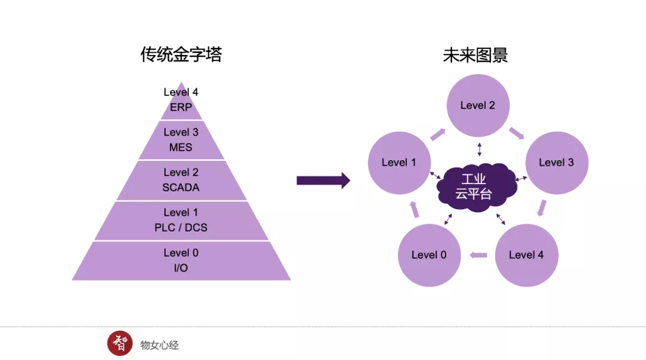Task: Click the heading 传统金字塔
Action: [x=181, y=56]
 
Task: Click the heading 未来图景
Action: [x=475, y=56]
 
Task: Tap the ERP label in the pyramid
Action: [x=181, y=108]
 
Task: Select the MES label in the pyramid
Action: [x=181, y=147]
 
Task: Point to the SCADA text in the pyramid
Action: [x=181, y=187]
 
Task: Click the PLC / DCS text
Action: [x=181, y=227]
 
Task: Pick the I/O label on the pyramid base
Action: [x=181, y=268]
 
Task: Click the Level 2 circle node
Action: [x=478, y=105]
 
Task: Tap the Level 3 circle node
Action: [x=556, y=163]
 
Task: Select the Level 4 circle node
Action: [x=526, y=255]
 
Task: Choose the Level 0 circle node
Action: [x=429, y=255]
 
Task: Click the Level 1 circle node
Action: [x=399, y=163]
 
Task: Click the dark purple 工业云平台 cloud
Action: [x=477, y=187]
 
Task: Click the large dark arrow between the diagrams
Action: [x=323, y=180]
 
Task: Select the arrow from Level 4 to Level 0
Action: [x=479, y=255]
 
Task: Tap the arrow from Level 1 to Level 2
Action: [x=438, y=134]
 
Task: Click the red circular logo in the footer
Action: [x=120, y=343]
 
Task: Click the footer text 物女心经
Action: [x=159, y=345]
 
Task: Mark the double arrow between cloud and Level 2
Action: [x=479, y=148]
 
